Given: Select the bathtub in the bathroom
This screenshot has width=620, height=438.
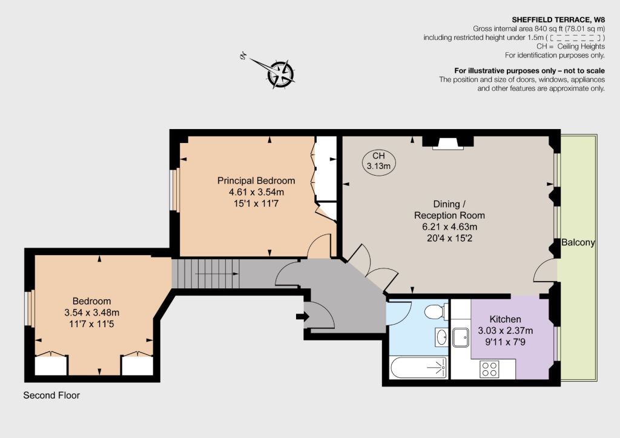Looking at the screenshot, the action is [x=419, y=368].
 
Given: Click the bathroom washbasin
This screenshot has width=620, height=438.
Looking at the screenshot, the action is [x=441, y=337].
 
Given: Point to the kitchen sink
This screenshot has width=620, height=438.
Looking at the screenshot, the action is [x=461, y=337].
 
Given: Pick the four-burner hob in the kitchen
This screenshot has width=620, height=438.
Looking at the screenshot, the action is [x=489, y=369].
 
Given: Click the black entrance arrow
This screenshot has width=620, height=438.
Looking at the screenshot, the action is [x=303, y=316].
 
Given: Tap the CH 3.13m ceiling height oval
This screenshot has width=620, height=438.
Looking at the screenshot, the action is [x=378, y=161].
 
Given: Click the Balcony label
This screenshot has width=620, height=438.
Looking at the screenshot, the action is [x=578, y=242].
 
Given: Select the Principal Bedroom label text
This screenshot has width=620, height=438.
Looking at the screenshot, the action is [x=256, y=181].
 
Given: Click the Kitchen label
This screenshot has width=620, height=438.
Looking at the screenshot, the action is [x=505, y=319].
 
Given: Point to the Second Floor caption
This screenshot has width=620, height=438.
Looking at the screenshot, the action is [x=51, y=395].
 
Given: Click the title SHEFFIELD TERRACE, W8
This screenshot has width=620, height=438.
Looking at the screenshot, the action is [x=558, y=20].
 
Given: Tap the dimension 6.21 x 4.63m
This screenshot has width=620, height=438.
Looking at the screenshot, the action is [x=450, y=227].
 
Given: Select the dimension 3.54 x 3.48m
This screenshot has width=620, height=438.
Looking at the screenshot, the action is [x=92, y=313].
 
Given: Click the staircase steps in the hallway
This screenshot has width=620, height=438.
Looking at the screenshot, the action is [x=206, y=273].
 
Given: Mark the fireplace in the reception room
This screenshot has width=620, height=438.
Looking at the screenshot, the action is [x=448, y=143].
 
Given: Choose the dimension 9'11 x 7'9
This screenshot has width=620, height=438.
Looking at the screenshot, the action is [x=505, y=342].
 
